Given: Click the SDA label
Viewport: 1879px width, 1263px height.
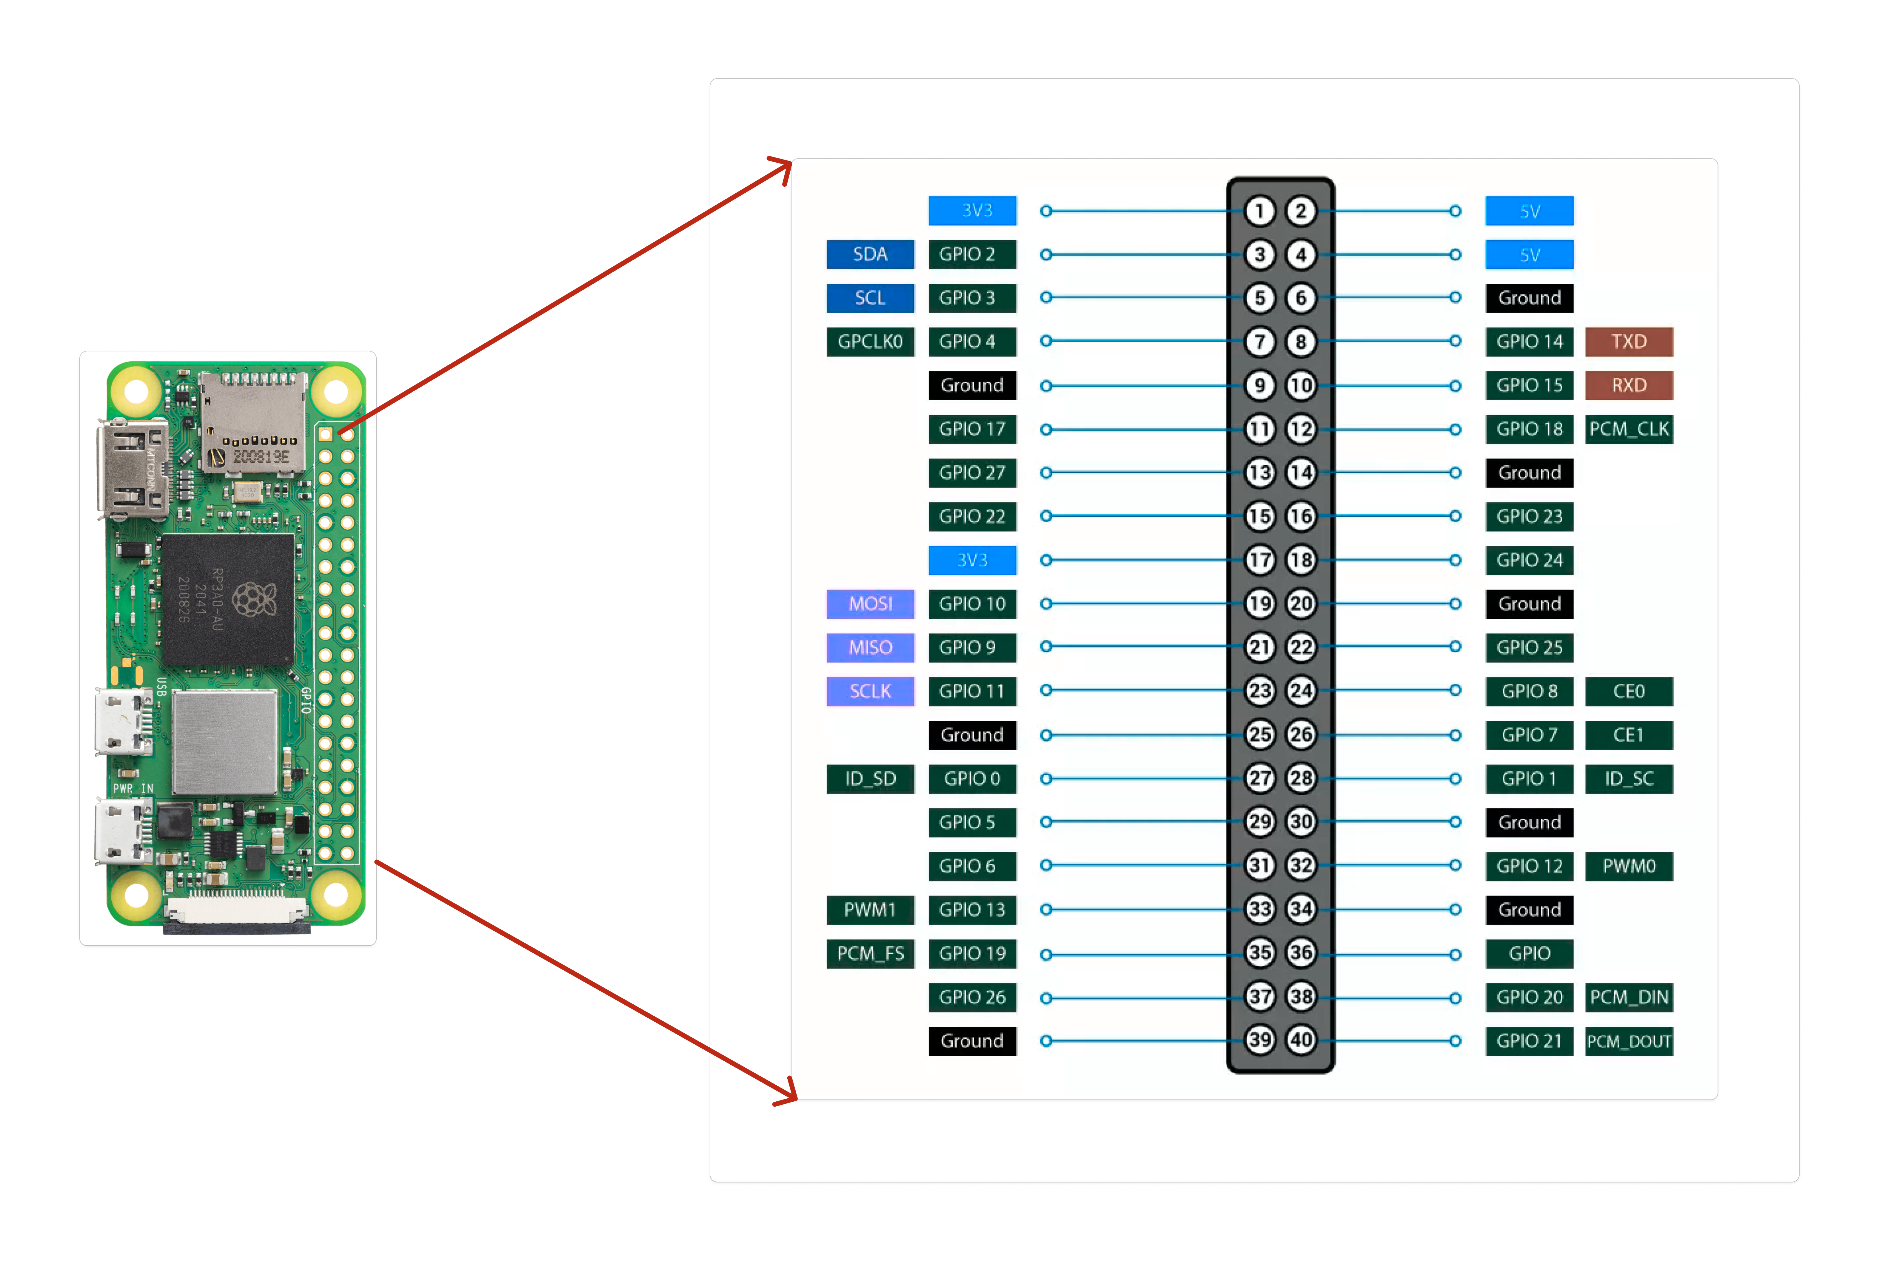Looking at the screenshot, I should [x=870, y=254].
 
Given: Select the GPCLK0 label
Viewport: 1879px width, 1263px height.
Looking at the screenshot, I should [x=870, y=342].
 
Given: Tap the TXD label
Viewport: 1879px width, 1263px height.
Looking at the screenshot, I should [x=1628, y=342].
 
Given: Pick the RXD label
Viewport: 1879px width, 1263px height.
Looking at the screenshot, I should [x=1628, y=385].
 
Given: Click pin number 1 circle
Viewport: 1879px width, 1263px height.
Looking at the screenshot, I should [x=1259, y=211].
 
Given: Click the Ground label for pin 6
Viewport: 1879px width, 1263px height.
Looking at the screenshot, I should [x=1529, y=298].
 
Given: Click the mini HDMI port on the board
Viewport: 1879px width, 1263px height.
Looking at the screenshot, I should [x=131, y=469].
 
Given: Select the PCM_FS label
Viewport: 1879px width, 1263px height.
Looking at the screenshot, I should [x=870, y=954].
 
